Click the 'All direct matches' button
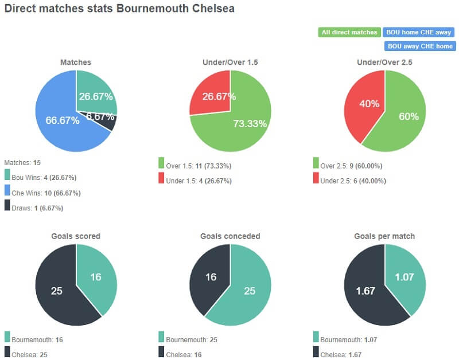(349, 32)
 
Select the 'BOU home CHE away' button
(419, 32)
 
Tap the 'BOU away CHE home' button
(419, 46)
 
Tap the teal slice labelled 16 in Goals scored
(96, 277)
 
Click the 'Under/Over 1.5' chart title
(230, 62)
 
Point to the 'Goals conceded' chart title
(230, 236)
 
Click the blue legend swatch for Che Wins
(7, 191)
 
